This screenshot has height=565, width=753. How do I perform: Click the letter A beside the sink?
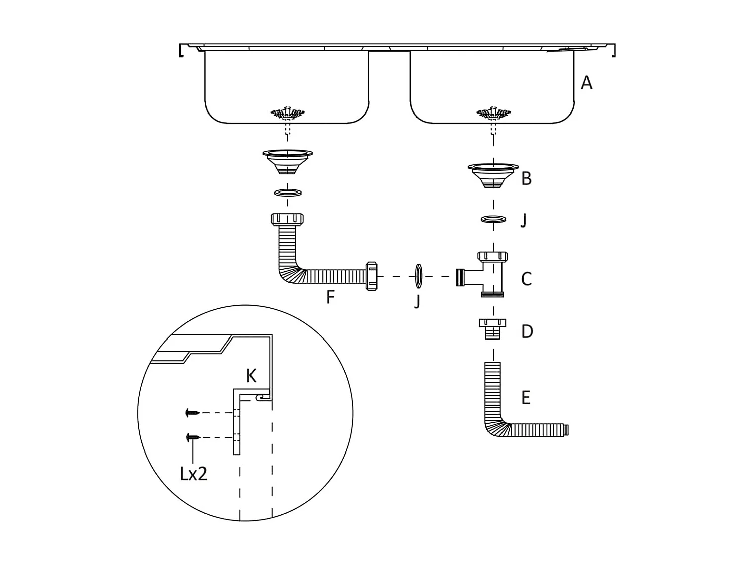(x=586, y=83)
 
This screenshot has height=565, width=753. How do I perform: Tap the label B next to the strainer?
(x=526, y=178)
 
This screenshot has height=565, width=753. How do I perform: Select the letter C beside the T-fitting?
(x=526, y=279)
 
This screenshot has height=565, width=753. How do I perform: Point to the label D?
(x=527, y=332)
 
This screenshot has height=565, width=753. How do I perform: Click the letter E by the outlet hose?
(x=526, y=398)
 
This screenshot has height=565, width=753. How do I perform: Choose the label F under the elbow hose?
(x=330, y=297)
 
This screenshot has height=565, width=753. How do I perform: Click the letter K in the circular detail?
(x=251, y=376)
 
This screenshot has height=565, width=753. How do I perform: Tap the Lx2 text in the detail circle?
(x=194, y=473)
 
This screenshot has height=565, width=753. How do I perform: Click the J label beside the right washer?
(x=524, y=220)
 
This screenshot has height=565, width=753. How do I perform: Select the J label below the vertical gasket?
(x=417, y=301)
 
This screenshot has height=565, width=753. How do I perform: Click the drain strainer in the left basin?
(x=287, y=113)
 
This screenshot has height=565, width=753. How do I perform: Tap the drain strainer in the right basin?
(x=493, y=113)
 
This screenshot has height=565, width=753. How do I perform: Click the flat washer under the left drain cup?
(x=287, y=192)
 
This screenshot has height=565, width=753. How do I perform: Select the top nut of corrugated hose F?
(x=287, y=219)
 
